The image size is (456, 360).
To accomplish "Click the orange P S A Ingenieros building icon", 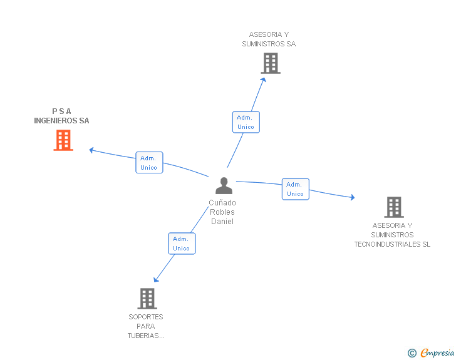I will pyautogui.click(x=63, y=140).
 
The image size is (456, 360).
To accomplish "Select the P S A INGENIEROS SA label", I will pyautogui.click(x=61, y=116).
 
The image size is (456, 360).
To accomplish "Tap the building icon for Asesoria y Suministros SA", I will pyautogui.click(x=271, y=63).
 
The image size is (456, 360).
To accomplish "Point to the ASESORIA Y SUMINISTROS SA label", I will pyautogui.click(x=269, y=39).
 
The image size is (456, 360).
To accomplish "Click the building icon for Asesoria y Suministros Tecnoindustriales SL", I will pyautogui.click(x=393, y=207).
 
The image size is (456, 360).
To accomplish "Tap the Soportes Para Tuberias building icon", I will pyautogui.click(x=147, y=299).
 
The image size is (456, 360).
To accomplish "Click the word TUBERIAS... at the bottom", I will pyautogui.click(x=146, y=336).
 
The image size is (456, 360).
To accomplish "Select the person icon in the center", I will pyautogui.click(x=223, y=186).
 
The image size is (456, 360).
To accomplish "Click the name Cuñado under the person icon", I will pyautogui.click(x=222, y=203).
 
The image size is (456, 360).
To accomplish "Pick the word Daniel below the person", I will pyautogui.click(x=222, y=222).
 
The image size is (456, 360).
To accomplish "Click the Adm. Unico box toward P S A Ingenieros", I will pyautogui.click(x=149, y=163).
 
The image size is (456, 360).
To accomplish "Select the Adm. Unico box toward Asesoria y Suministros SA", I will pyautogui.click(x=246, y=122).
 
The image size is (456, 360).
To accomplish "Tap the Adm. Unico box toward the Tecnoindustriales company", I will pyautogui.click(x=295, y=189).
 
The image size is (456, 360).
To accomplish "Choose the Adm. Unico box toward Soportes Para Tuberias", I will pyautogui.click(x=182, y=244).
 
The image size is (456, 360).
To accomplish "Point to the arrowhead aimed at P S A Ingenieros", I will pyautogui.click(x=91, y=150).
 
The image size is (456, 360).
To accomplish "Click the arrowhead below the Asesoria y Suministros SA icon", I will pyautogui.click(x=264, y=80).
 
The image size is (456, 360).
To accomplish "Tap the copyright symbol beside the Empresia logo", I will pyautogui.click(x=412, y=353).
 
